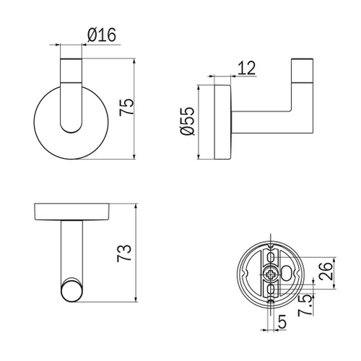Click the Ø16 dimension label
pos(102,35)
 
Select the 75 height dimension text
pos(126,107)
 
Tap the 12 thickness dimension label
pos(246,68)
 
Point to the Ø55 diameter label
pos(188,121)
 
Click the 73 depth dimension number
pos(124,253)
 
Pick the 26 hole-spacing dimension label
pos(326,271)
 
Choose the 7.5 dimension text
pos(305,305)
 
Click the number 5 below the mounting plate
pos(282,321)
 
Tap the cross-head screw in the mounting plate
pos(271,274)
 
